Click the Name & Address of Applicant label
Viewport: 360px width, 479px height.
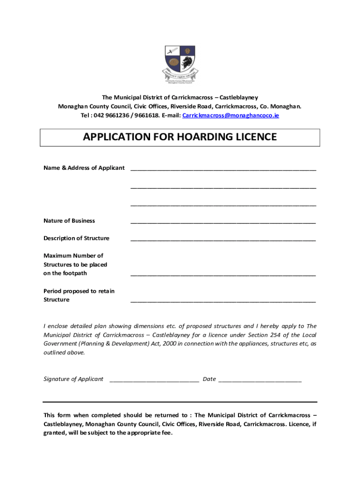click(84, 168)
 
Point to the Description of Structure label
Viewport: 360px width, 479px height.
click(76, 238)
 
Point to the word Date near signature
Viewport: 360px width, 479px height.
click(209, 379)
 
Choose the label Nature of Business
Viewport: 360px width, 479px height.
click(69, 221)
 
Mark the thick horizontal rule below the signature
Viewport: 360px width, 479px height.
click(180, 402)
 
